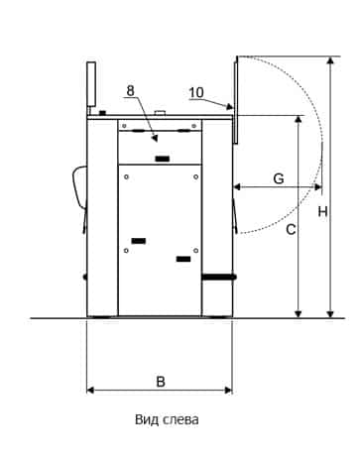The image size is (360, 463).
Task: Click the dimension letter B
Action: click(161, 382)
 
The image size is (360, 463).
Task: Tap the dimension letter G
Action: click(279, 178)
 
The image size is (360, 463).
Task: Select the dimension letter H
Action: click(322, 211)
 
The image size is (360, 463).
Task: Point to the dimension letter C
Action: click(291, 229)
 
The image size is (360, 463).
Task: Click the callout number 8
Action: click(131, 90)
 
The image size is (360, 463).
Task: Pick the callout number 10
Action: click(196, 93)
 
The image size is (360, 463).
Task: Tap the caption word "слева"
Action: click(180, 420)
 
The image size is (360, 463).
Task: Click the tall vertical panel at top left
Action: click(91, 84)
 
